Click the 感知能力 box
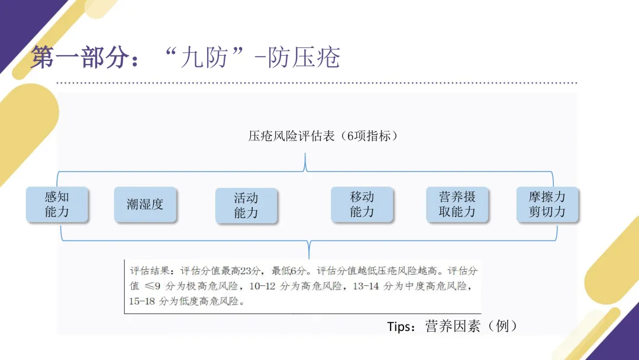(x=57, y=204)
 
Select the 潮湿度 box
(x=145, y=205)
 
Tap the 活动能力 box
(x=246, y=205)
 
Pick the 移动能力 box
(x=362, y=204)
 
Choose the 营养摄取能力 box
(x=457, y=204)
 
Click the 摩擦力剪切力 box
(x=547, y=204)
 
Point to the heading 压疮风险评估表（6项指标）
(x=323, y=136)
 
